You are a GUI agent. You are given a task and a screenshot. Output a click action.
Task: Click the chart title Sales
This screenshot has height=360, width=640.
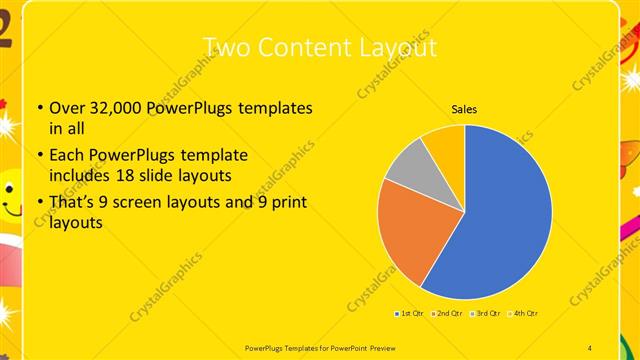[x=464, y=108]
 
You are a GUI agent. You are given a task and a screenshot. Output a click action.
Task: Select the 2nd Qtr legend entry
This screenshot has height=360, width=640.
[x=449, y=314]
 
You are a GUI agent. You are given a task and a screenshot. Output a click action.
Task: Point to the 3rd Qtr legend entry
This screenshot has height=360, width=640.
[x=486, y=314]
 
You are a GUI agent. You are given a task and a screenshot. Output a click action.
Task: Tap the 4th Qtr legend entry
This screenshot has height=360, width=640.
[x=524, y=314]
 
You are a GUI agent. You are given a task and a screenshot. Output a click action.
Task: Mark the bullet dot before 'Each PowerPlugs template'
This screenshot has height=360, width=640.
[x=39, y=157]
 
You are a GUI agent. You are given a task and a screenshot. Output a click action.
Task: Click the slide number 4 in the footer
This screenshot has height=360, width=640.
[x=591, y=346]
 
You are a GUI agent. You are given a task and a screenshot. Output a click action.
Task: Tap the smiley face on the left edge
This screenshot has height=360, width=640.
[x=9, y=195]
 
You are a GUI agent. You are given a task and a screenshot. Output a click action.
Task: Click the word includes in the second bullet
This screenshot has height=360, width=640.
[x=82, y=175]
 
